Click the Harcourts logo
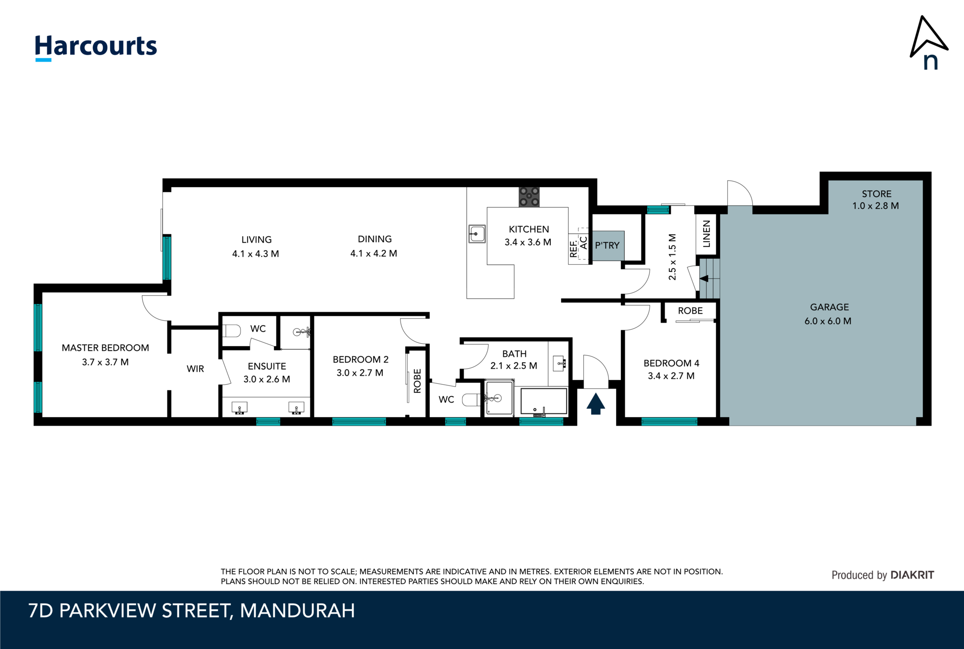pos(96,47)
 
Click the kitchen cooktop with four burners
pos(529,197)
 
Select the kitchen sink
pos(477,234)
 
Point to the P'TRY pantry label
pos(607,245)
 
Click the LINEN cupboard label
pos(707,234)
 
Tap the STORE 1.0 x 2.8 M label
pos(876,200)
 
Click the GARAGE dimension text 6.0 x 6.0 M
pos(828,321)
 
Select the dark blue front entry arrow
pos(595,404)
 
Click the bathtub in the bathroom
pos(544,402)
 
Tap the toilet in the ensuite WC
pos(232,331)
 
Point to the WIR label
pos(195,369)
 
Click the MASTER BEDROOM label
pos(105,348)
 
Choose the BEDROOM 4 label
pos(671,363)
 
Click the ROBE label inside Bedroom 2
pos(418,381)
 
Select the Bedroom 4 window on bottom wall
pos(669,422)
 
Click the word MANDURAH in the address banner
pos(297,610)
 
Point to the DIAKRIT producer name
pos(913,575)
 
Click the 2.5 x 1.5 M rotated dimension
pos(672,257)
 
